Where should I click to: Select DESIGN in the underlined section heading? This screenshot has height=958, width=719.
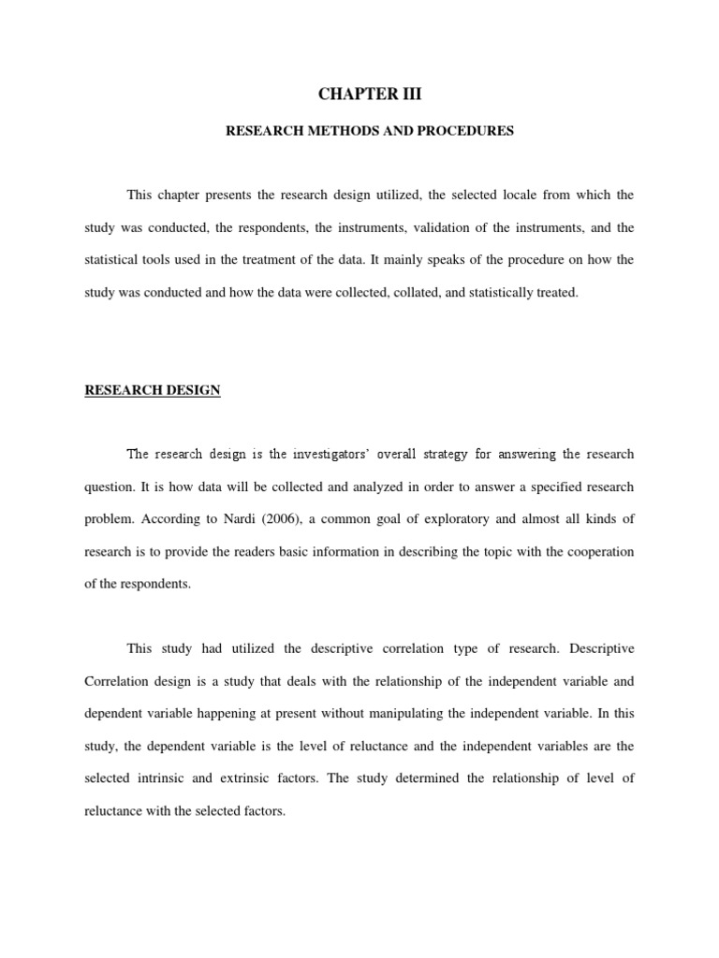click(192, 390)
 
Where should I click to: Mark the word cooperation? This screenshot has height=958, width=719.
click(597, 552)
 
